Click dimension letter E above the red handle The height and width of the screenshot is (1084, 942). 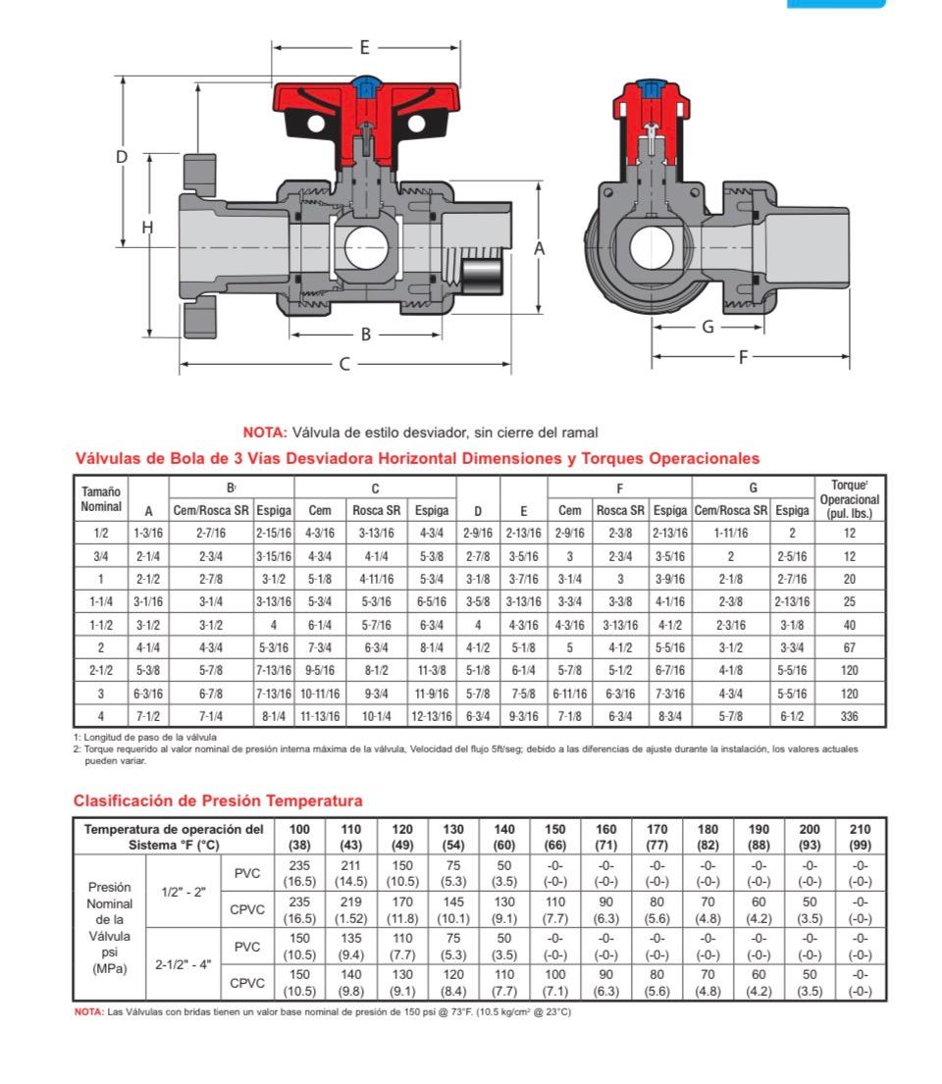[x=364, y=47]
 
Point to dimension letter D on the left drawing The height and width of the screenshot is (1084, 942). [x=122, y=157]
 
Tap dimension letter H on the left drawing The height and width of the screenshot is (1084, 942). [x=147, y=227]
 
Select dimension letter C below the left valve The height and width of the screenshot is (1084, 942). [x=344, y=364]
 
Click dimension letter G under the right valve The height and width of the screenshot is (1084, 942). [x=707, y=327]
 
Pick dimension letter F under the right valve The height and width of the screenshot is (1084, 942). [x=743, y=357]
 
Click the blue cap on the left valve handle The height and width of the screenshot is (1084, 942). [x=366, y=85]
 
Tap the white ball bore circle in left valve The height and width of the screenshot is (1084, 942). [x=367, y=247]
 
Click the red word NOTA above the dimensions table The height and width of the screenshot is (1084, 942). [x=265, y=433]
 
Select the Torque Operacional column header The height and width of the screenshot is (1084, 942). [x=850, y=499]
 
